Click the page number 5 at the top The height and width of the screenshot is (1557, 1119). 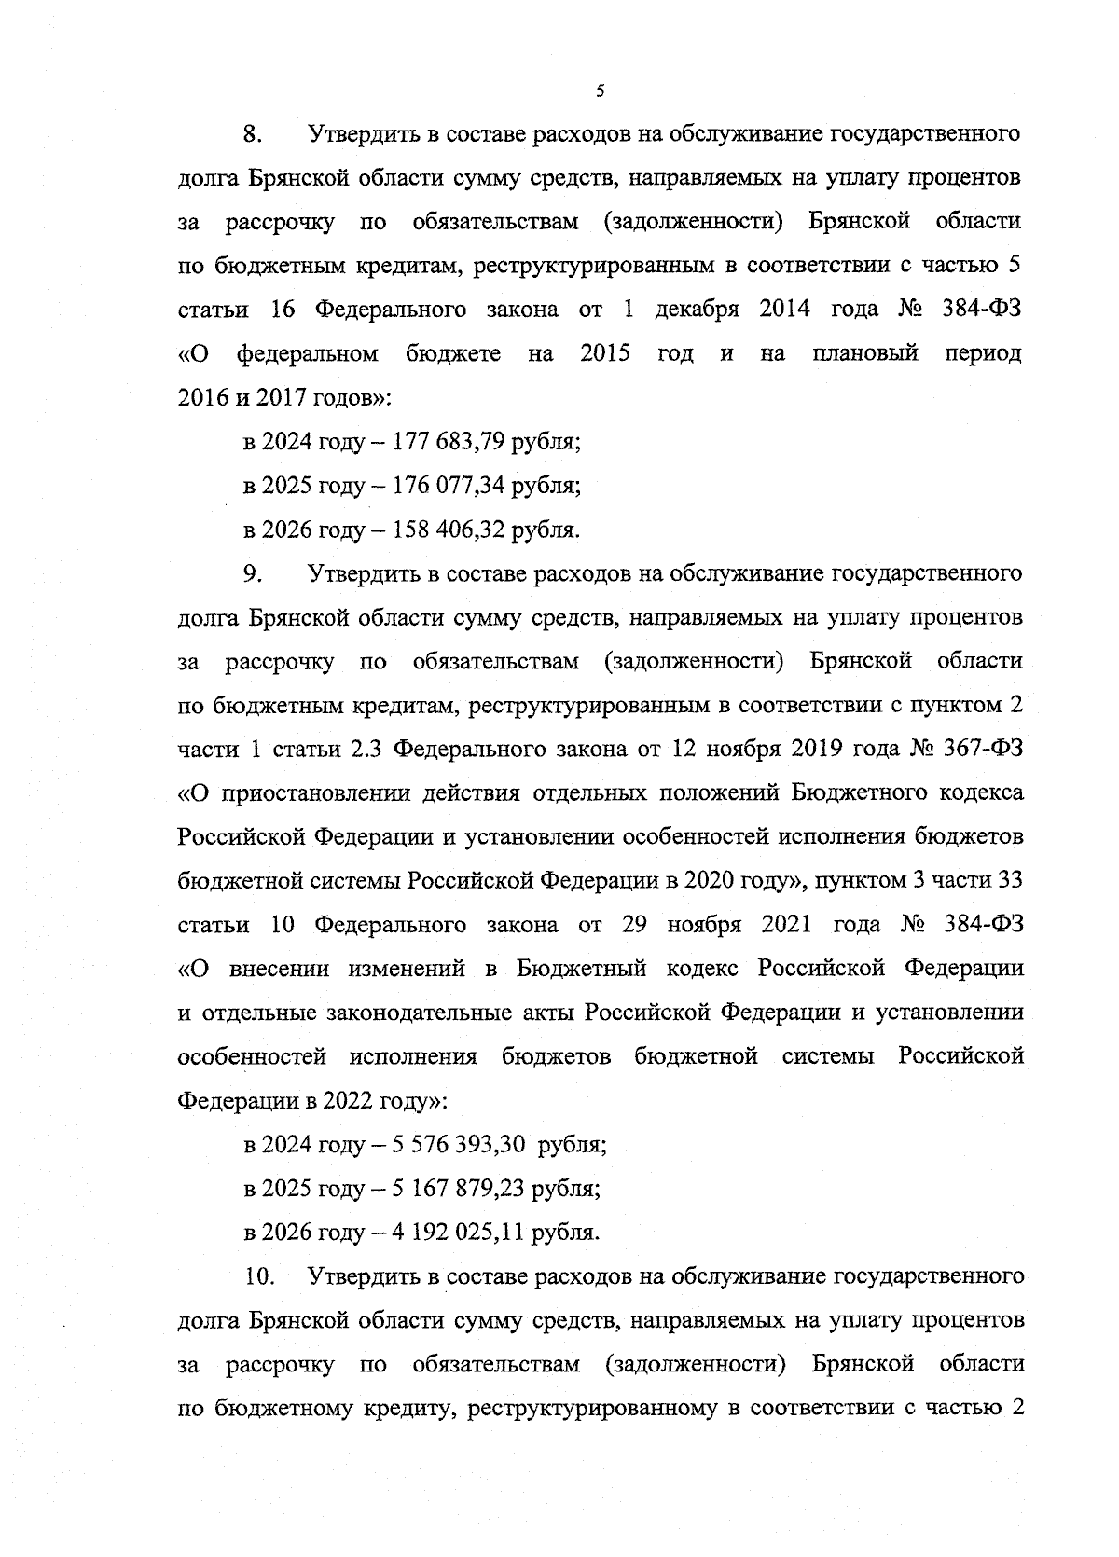(x=600, y=91)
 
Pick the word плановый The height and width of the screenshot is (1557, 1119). (x=865, y=353)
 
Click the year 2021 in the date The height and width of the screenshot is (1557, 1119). (x=788, y=925)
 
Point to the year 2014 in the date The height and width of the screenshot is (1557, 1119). (x=787, y=310)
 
